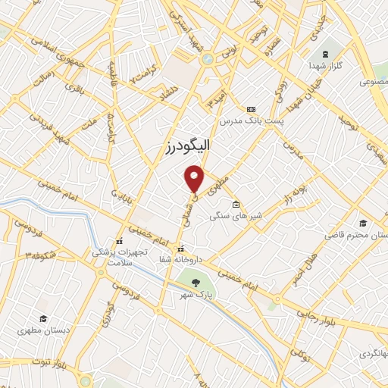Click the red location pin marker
[x=195, y=178]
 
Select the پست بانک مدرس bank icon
[x=251, y=109]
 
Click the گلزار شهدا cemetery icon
[x=324, y=54]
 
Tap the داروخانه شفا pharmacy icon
[x=180, y=249]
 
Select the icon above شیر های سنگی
[x=236, y=204]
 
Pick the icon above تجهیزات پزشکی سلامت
[x=117, y=242]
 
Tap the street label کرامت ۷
[x=142, y=77]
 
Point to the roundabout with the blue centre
[x=206, y=58]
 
